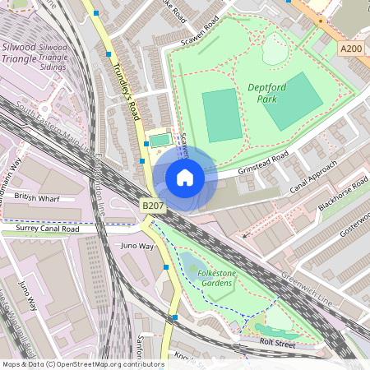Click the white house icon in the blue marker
pos(185,178)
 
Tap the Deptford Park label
pos(267,90)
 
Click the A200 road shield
pos(350,50)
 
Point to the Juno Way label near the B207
pos(136,246)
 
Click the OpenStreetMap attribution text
pos(82,363)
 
